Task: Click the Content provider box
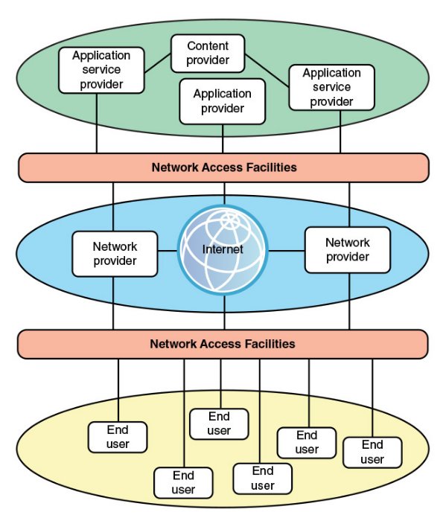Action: [x=208, y=54]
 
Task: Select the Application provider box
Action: [x=223, y=101]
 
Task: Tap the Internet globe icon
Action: [x=223, y=250]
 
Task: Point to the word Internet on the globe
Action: [x=223, y=249]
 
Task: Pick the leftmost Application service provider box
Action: [x=101, y=70]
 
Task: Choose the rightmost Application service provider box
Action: [x=331, y=87]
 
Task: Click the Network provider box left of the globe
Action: [x=115, y=254]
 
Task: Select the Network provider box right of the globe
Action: [x=348, y=250]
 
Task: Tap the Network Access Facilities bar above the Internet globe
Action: [x=223, y=167]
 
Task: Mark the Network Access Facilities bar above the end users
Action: [x=223, y=345]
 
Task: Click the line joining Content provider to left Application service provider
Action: [x=157, y=63]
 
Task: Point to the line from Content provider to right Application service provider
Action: [x=267, y=71]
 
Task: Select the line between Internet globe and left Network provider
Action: [x=168, y=251]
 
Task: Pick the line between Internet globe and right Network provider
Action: [x=287, y=251]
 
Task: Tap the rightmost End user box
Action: [x=372, y=452]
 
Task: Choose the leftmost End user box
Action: [x=118, y=437]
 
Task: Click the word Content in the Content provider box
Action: [x=208, y=46]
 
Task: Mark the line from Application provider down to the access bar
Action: [x=223, y=139]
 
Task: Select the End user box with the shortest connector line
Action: [x=219, y=424]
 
